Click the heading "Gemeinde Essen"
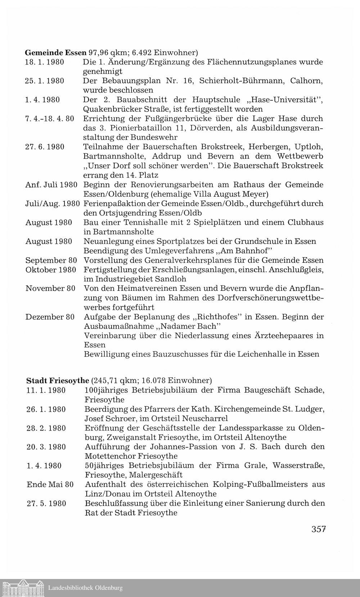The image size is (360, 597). coord(56,52)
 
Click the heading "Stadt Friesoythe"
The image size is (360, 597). coord(58,380)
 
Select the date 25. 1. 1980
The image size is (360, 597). coord(45,81)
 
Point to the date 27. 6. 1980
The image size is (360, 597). coord(45,147)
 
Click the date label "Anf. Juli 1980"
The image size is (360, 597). coord(51,185)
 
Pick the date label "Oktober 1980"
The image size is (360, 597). coord(51,270)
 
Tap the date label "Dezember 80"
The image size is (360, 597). coord(50,317)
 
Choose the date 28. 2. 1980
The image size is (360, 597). coord(46,428)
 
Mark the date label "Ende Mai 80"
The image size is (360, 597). coord(50,485)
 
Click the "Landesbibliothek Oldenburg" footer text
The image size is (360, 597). coord(85,588)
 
